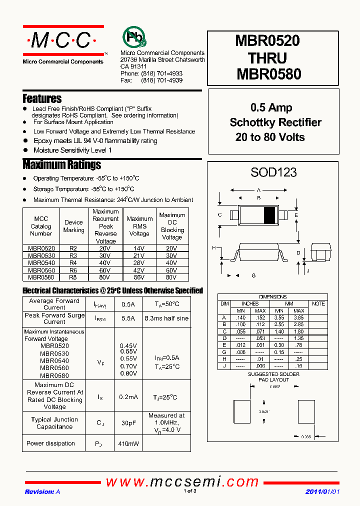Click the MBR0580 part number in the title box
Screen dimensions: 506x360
(x=268, y=73)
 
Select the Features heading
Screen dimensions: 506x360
(x=42, y=98)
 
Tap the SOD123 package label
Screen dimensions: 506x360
(x=273, y=172)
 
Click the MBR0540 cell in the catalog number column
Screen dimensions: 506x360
(x=41, y=262)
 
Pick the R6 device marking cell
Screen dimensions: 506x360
(x=73, y=270)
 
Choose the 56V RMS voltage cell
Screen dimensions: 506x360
(x=139, y=277)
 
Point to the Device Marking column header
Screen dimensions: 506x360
(x=73, y=226)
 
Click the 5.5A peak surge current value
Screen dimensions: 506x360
(x=125, y=318)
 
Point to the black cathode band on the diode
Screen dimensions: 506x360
(x=269, y=215)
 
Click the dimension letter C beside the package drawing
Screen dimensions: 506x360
(x=220, y=215)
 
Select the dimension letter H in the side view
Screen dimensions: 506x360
(x=213, y=248)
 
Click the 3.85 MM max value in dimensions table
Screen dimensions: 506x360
(x=298, y=317)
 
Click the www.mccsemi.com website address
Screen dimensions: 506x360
(x=182, y=481)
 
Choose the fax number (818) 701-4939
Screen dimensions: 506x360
(x=161, y=80)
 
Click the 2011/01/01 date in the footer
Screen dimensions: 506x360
(x=322, y=491)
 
